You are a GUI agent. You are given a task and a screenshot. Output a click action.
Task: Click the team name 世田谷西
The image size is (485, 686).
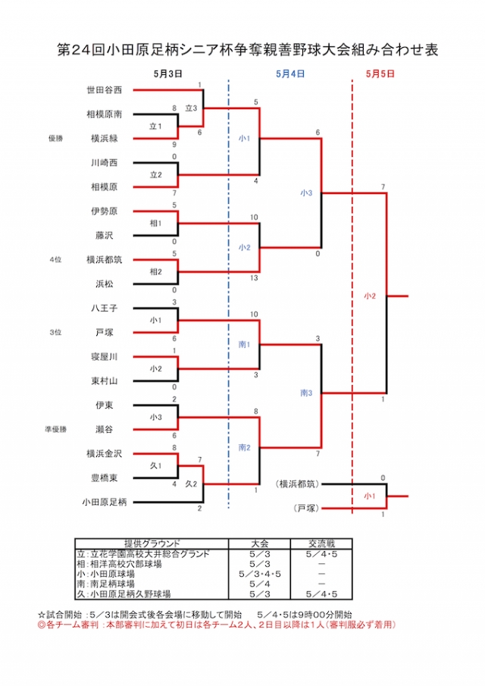coord(104,90)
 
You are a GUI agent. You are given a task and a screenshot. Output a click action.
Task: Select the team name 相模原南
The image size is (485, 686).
coord(104,114)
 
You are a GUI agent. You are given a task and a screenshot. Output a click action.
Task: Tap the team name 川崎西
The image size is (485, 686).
coord(104,162)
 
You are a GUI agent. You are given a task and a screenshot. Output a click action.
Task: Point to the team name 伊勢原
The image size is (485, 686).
coord(104,211)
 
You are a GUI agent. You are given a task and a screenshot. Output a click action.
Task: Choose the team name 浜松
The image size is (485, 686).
coord(104,283)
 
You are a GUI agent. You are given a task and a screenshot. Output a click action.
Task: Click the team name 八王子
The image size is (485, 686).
coord(104,309)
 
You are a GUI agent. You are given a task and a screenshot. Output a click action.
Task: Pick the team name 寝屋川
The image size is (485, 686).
coord(104,356)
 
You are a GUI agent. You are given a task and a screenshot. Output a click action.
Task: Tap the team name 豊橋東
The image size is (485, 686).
coord(104,478)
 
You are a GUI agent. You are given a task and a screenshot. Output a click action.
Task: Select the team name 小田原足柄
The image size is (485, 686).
coord(105,502)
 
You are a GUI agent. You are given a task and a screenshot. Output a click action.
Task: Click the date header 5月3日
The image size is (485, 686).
coord(168,74)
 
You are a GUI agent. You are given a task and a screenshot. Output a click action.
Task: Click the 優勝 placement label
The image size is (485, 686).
coord(55,139)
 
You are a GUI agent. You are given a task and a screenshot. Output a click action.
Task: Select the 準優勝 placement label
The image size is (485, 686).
coord(55,430)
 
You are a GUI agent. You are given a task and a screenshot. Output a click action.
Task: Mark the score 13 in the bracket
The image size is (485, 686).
coord(255,278)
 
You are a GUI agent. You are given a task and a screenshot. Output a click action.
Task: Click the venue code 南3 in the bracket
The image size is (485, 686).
coord(306,393)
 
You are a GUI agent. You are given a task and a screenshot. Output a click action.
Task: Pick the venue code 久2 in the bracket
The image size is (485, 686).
coord(191,484)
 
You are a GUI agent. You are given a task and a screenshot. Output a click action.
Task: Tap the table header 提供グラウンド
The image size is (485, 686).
coord(152,543)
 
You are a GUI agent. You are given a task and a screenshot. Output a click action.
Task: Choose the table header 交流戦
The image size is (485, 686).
coord(321,543)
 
